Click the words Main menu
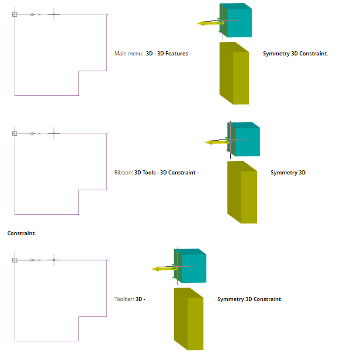(128, 54)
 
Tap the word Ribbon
(123, 173)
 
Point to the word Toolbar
(124, 299)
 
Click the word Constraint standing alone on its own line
(21, 233)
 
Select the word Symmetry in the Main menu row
(276, 54)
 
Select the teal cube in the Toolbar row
(192, 268)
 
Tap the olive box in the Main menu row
(235, 74)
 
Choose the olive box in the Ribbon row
(242, 193)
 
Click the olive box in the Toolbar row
(189, 320)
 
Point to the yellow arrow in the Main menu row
(207, 23)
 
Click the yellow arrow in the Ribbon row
(214, 142)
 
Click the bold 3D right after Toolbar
(139, 299)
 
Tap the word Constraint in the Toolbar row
(268, 299)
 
